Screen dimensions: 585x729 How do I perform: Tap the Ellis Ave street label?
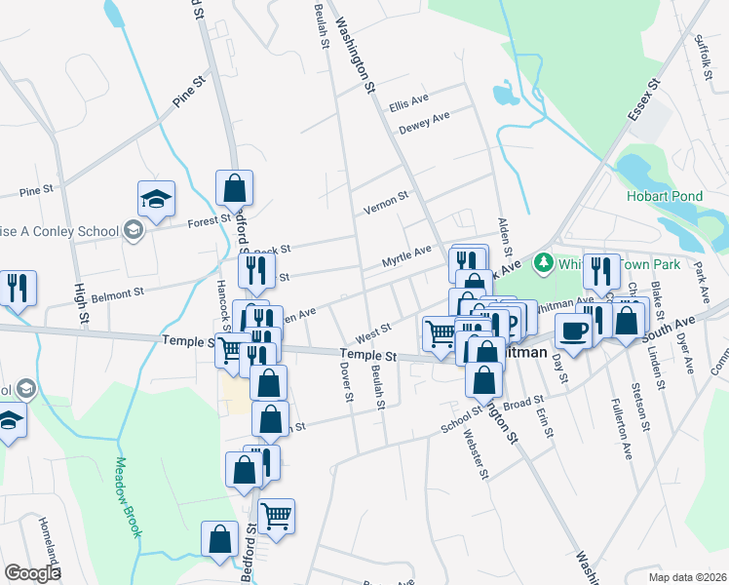pyautogui.click(x=409, y=101)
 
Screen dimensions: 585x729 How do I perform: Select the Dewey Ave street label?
pyautogui.click(x=424, y=123)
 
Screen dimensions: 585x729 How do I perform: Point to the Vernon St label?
pyautogui.click(x=385, y=203)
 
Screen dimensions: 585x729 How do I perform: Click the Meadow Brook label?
pyautogui.click(x=130, y=496)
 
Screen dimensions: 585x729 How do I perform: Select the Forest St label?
pyautogui.click(x=209, y=221)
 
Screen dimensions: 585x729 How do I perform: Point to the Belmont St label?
pyautogui.click(x=124, y=291)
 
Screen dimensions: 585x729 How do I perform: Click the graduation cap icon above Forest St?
pyautogui.click(x=156, y=199)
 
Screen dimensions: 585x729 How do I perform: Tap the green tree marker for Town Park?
pyautogui.click(x=543, y=262)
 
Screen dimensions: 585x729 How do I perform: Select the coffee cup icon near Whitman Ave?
pyautogui.click(x=573, y=331)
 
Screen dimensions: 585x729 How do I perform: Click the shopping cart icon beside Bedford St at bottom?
pyautogui.click(x=277, y=515)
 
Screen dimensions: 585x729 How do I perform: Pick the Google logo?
pyautogui.click(x=32, y=572)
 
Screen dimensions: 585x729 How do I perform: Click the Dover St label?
pyautogui.click(x=346, y=382)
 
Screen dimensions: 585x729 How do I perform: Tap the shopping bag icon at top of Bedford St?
pyautogui.click(x=235, y=187)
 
